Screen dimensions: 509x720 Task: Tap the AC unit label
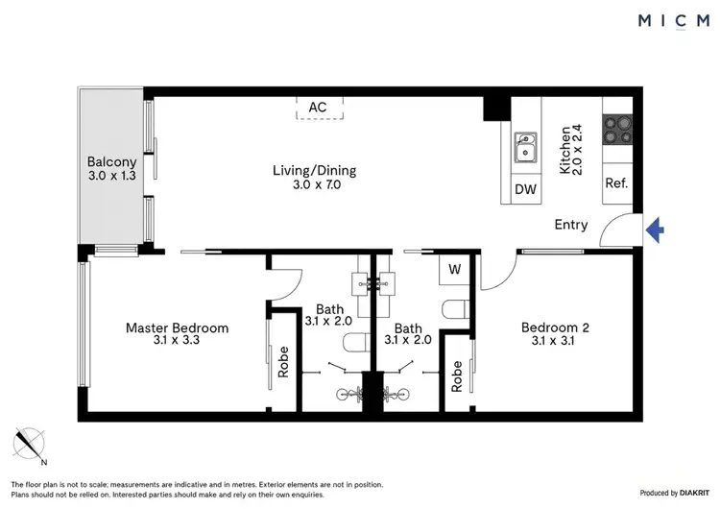coord(318,107)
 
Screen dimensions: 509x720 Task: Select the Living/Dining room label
coord(314,171)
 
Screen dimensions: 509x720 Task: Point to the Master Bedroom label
coord(178,328)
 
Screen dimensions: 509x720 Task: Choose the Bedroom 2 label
coord(555,328)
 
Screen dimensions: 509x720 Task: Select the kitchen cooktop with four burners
coord(616,130)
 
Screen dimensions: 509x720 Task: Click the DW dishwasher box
coord(525,189)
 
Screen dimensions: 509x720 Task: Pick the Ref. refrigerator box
coord(616,182)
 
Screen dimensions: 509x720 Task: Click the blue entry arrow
coord(656,230)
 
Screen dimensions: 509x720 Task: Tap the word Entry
coord(571,225)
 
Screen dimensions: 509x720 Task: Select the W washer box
coord(454,271)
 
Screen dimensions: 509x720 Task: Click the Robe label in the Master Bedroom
coord(282,367)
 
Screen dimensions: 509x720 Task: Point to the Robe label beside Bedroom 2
coord(457,376)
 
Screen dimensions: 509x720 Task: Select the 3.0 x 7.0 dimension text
coord(314,185)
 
